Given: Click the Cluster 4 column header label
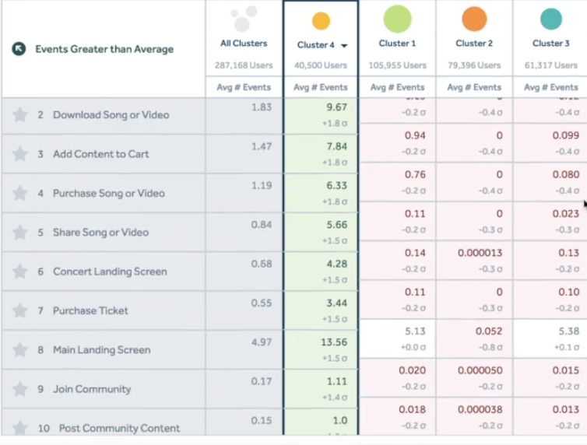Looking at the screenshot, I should point(315,45).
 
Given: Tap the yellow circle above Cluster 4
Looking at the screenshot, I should point(321,21).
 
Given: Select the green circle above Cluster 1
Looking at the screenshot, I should point(397,19).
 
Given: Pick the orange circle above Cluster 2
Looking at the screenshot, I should point(474,19).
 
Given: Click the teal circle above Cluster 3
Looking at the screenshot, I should point(550,19).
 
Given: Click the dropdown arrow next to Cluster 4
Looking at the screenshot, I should point(343,46).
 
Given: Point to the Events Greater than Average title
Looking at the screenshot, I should point(104,49).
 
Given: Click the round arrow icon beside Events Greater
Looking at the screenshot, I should point(19,49).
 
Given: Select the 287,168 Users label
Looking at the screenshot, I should point(244,65).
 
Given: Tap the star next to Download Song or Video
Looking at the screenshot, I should point(19,115).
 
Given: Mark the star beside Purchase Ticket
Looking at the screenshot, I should point(19,311).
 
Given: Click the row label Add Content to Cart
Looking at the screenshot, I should point(100,154).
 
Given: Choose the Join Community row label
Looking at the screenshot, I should point(91,389).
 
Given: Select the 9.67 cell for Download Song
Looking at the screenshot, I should point(336,107).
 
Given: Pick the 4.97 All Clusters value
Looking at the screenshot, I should point(261,342).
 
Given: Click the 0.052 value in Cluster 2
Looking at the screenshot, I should point(489,331).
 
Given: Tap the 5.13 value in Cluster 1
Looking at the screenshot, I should point(415,331).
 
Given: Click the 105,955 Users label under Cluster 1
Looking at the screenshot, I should point(397,65).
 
